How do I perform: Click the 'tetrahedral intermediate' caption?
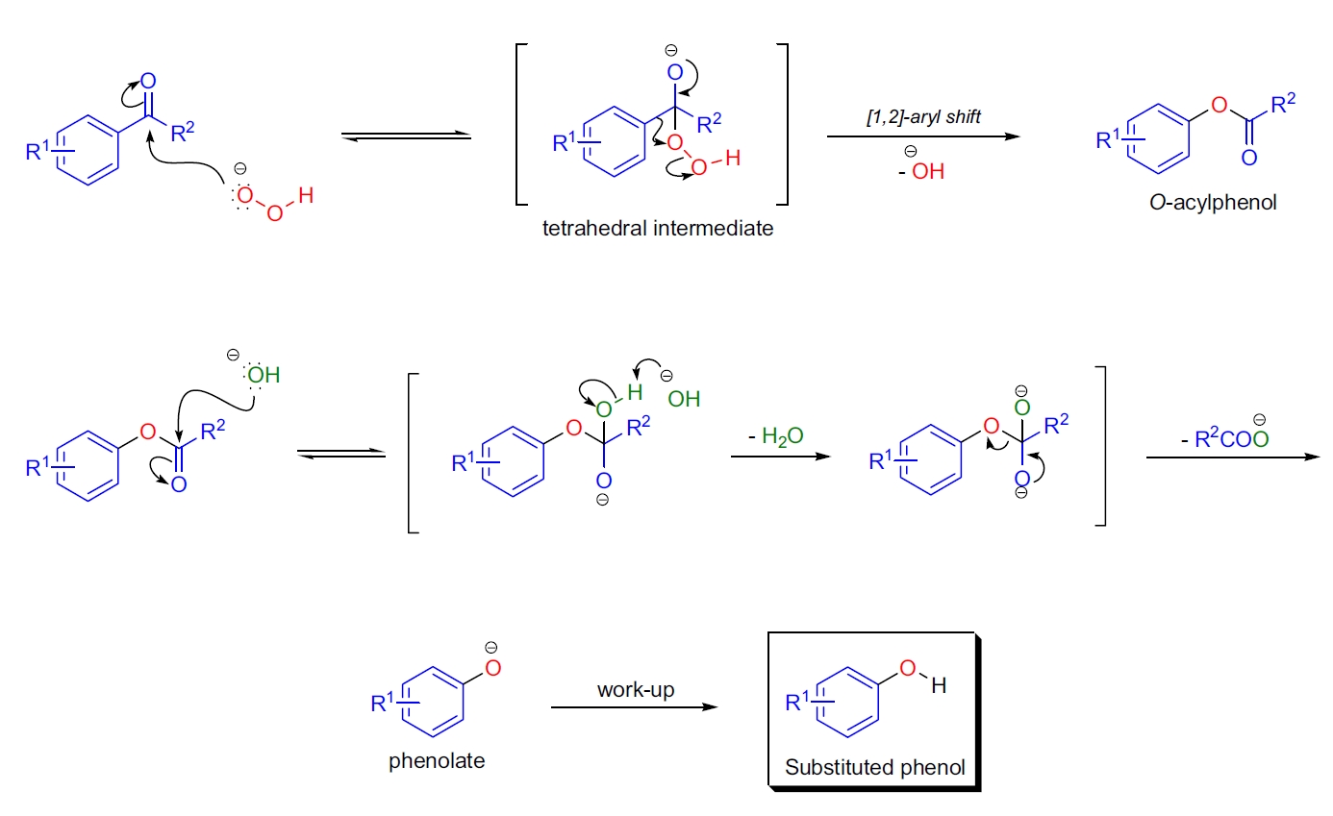pyautogui.click(x=658, y=229)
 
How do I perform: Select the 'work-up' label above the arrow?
pyautogui.click(x=634, y=689)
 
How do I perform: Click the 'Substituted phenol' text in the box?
pyautogui.click(x=874, y=767)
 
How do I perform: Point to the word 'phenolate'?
pyautogui.click(x=437, y=760)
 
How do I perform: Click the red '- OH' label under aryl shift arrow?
pyautogui.click(x=922, y=172)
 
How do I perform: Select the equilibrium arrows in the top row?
pyautogui.click(x=406, y=137)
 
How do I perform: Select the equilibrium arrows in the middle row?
pyautogui.click(x=340, y=454)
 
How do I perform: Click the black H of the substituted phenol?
pyautogui.click(x=939, y=686)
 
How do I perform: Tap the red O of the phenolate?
pyautogui.click(x=493, y=669)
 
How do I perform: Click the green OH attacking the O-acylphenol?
pyautogui.click(x=262, y=374)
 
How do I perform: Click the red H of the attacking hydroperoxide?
pyautogui.click(x=306, y=196)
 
